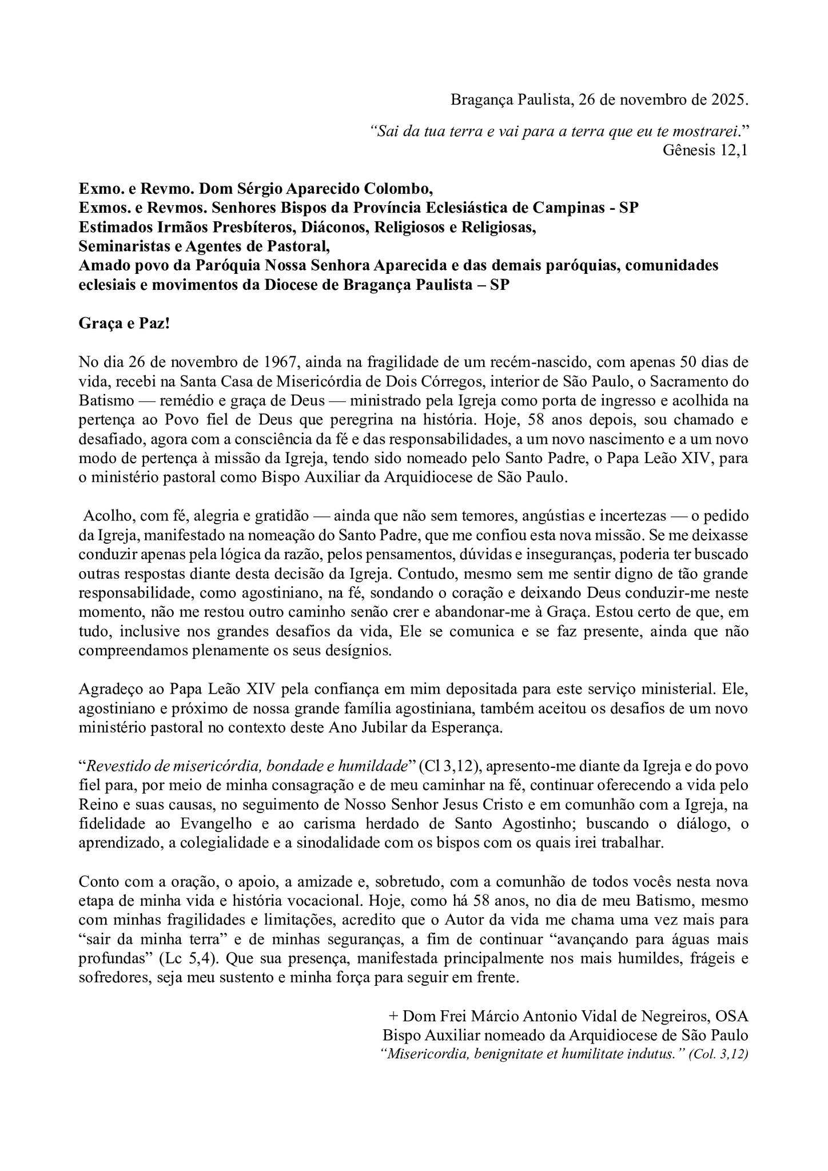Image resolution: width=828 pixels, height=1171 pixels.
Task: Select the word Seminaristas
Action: point(117,246)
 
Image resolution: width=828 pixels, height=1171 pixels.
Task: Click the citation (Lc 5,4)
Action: point(190,958)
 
